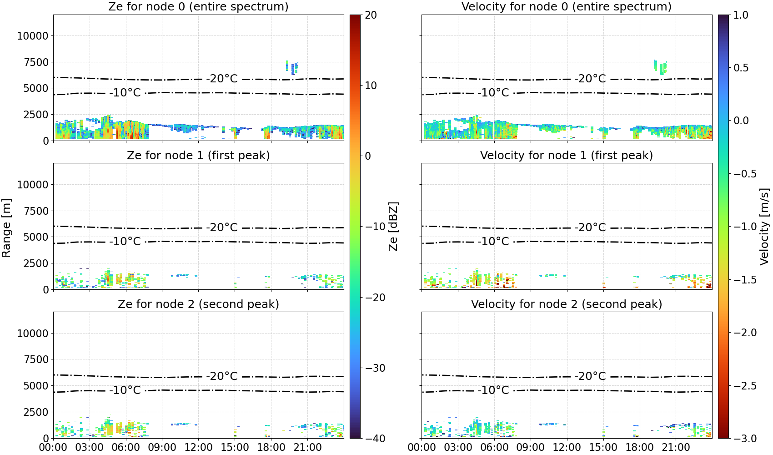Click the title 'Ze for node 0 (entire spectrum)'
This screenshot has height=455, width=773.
(x=198, y=6)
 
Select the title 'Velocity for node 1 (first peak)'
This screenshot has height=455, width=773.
(x=567, y=155)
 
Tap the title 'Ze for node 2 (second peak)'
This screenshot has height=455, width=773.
(x=198, y=304)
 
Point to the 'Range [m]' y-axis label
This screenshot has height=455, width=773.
(x=6, y=228)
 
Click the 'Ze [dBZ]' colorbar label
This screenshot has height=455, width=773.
(x=393, y=227)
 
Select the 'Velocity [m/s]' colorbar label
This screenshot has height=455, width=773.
(x=764, y=227)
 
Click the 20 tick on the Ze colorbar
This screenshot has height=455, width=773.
(x=371, y=15)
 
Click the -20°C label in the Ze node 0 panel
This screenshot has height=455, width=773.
(x=222, y=79)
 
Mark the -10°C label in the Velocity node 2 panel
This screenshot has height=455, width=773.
(x=493, y=390)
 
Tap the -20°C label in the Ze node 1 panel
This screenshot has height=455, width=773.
(x=222, y=227)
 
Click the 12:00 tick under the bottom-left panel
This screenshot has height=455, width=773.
(x=198, y=448)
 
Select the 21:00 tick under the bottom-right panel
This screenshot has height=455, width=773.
(x=676, y=448)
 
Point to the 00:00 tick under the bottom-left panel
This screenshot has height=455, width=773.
(x=54, y=448)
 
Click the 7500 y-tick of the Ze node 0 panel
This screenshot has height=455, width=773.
(x=36, y=62)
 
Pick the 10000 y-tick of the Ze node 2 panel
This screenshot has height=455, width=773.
(x=33, y=334)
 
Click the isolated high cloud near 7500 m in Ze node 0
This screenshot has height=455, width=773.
(x=292, y=67)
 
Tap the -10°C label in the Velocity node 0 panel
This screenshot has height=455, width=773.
(x=493, y=93)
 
